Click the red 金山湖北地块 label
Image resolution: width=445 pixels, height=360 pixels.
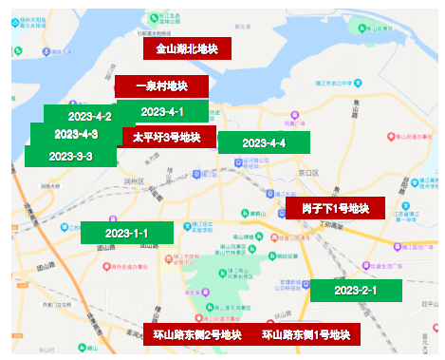click(x=187, y=48)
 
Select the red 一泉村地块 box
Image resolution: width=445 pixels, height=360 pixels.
click(x=161, y=86)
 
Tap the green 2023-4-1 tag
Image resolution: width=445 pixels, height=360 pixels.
click(x=162, y=112)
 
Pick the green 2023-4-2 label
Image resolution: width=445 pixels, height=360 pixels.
click(x=90, y=116)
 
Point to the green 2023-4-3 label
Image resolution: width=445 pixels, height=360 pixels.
click(x=76, y=134)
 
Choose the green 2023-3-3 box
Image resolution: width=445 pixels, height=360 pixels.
click(x=70, y=156)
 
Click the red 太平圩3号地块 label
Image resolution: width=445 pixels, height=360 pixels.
click(x=166, y=137)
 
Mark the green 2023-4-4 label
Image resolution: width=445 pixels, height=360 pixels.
click(x=264, y=142)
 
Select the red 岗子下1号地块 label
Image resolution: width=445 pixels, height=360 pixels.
click(x=335, y=208)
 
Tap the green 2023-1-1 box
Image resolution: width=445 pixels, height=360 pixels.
click(x=127, y=233)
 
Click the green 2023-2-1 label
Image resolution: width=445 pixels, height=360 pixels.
click(x=356, y=290)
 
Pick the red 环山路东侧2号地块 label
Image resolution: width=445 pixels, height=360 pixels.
click(x=197, y=334)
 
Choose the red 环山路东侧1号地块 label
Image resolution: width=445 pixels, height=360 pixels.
click(x=306, y=334)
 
